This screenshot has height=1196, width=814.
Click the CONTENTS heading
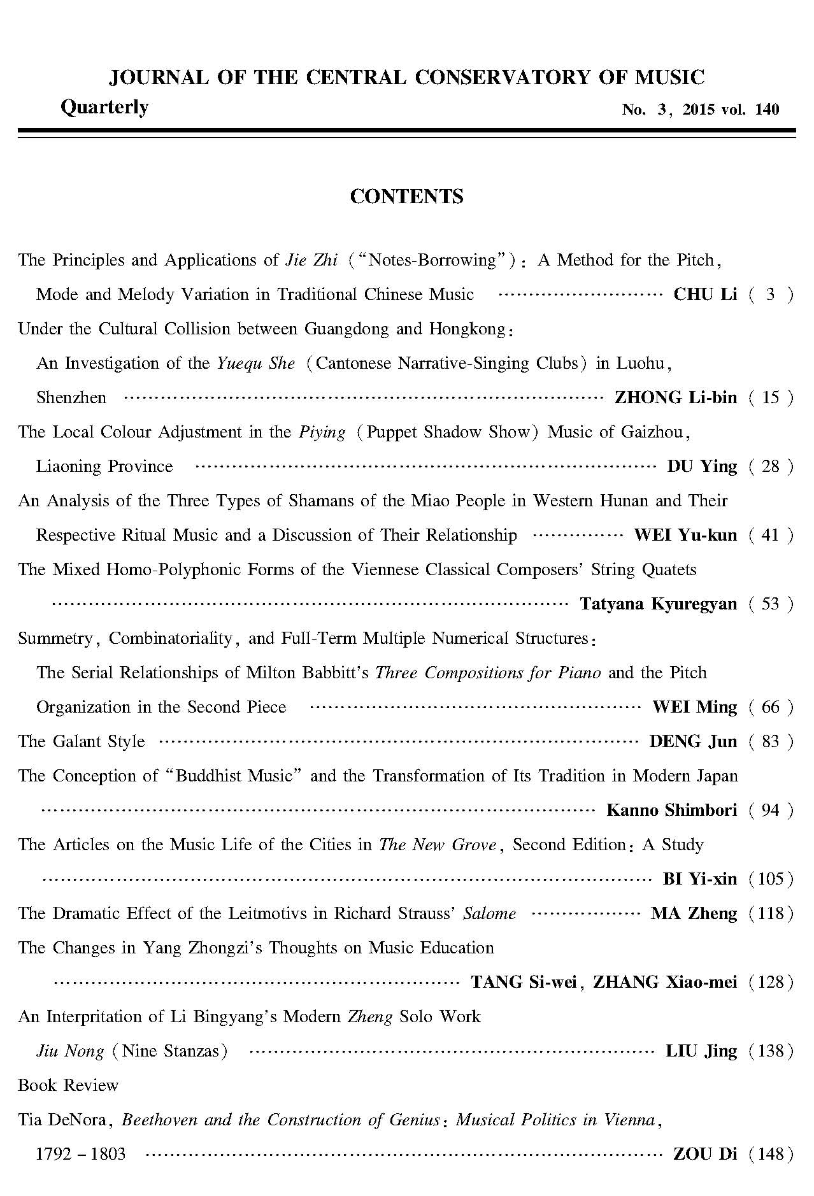coord(406,197)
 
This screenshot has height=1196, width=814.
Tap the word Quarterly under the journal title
coord(104,107)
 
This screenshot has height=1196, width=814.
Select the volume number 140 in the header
coord(767,110)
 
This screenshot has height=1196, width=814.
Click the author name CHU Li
coord(705,294)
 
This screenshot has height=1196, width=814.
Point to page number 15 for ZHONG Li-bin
coord(770,397)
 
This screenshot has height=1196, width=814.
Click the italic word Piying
coord(322,432)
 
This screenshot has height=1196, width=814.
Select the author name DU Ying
coord(702,466)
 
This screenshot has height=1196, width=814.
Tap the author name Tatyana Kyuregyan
coord(658,604)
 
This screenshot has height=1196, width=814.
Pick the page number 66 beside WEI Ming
coord(770,707)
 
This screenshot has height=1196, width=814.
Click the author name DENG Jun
coord(693,741)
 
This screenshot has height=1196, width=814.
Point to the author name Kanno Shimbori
coord(671,810)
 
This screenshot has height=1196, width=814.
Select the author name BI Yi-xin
coord(700,879)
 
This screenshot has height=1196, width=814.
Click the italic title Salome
coord(489,913)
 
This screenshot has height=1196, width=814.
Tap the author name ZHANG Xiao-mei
coord(665,982)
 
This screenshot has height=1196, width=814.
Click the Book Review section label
coord(68,1085)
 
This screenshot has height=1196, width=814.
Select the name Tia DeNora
coord(62,1120)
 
